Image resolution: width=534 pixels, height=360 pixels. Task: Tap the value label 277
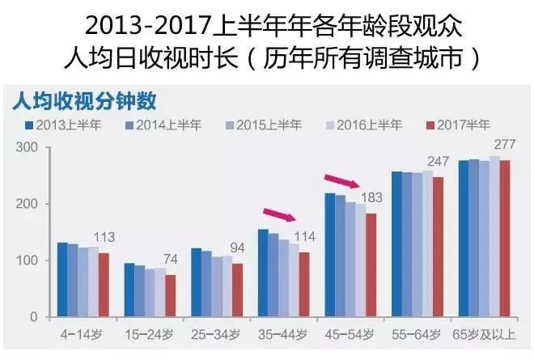point(503,144)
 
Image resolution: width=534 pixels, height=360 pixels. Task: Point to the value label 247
point(438,162)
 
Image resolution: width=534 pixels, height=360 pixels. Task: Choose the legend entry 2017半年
point(457,125)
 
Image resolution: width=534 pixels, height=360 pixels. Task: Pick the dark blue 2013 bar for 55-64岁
point(397,244)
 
